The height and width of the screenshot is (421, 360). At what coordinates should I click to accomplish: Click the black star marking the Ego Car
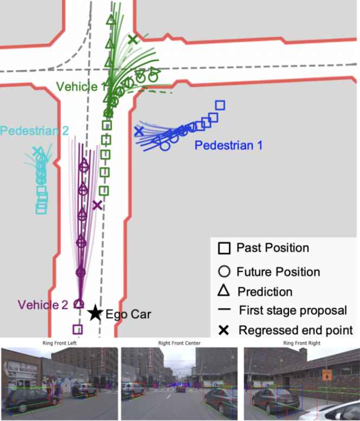click(x=95, y=312)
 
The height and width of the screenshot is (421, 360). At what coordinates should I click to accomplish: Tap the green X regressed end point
click(x=133, y=39)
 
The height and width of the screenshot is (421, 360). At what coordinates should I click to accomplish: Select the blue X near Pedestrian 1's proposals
click(x=139, y=131)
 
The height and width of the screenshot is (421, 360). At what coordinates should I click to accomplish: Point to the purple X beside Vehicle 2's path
click(x=97, y=205)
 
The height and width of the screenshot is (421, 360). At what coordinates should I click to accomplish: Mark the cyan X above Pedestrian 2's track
click(x=37, y=151)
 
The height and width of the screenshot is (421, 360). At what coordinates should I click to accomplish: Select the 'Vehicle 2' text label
click(x=42, y=304)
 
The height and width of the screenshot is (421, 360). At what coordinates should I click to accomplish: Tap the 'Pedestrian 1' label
click(x=228, y=145)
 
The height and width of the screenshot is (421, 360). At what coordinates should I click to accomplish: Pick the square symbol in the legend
click(x=224, y=249)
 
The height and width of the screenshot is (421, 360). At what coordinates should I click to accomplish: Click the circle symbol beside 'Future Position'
click(x=224, y=271)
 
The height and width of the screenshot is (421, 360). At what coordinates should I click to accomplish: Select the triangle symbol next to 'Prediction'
click(x=224, y=291)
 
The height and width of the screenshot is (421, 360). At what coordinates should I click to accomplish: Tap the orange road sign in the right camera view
click(x=326, y=375)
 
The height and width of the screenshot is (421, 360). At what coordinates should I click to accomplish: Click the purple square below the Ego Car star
click(x=77, y=329)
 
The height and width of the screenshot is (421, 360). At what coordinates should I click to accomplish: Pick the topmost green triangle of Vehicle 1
click(x=110, y=20)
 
